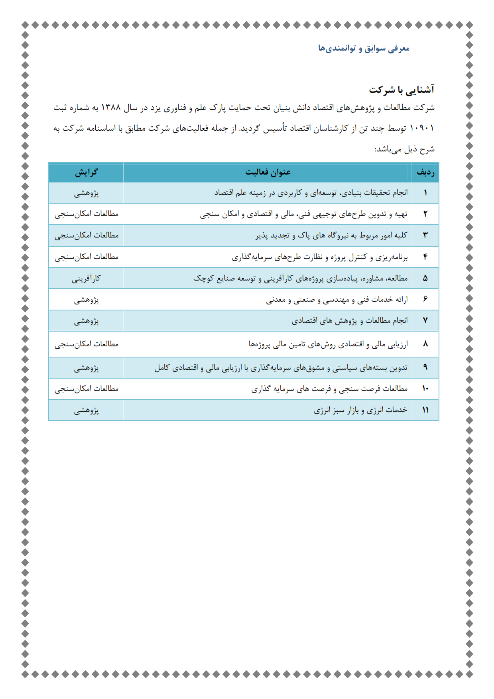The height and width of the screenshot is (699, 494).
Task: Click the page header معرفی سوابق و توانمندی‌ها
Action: (x=364, y=49)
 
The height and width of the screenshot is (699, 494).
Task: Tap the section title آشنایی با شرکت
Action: (x=401, y=90)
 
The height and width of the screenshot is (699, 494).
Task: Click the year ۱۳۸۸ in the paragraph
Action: (x=111, y=108)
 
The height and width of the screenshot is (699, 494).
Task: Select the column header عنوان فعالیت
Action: (x=268, y=172)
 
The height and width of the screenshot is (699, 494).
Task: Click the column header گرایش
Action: (x=86, y=172)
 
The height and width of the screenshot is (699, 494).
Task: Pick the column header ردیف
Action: (x=425, y=172)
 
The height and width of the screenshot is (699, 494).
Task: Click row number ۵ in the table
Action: (x=425, y=278)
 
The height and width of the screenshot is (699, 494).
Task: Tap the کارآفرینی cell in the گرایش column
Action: (x=86, y=278)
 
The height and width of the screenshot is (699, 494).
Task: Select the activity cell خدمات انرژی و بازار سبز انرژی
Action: (x=360, y=410)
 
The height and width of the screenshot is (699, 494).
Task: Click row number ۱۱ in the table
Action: (x=425, y=410)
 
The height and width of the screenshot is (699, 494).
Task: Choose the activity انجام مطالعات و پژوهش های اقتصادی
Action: (x=349, y=321)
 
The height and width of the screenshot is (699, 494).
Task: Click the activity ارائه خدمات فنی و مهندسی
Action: (x=337, y=300)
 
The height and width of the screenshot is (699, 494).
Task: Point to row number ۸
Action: (x=425, y=344)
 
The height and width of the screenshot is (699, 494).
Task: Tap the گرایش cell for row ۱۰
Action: (x=86, y=389)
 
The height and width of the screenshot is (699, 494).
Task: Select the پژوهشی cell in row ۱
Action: (x=86, y=193)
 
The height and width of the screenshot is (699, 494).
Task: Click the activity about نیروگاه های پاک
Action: (x=331, y=236)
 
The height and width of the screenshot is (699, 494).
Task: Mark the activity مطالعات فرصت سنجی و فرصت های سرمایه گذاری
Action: (x=329, y=389)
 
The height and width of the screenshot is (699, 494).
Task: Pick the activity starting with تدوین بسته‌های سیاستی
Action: (x=281, y=367)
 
